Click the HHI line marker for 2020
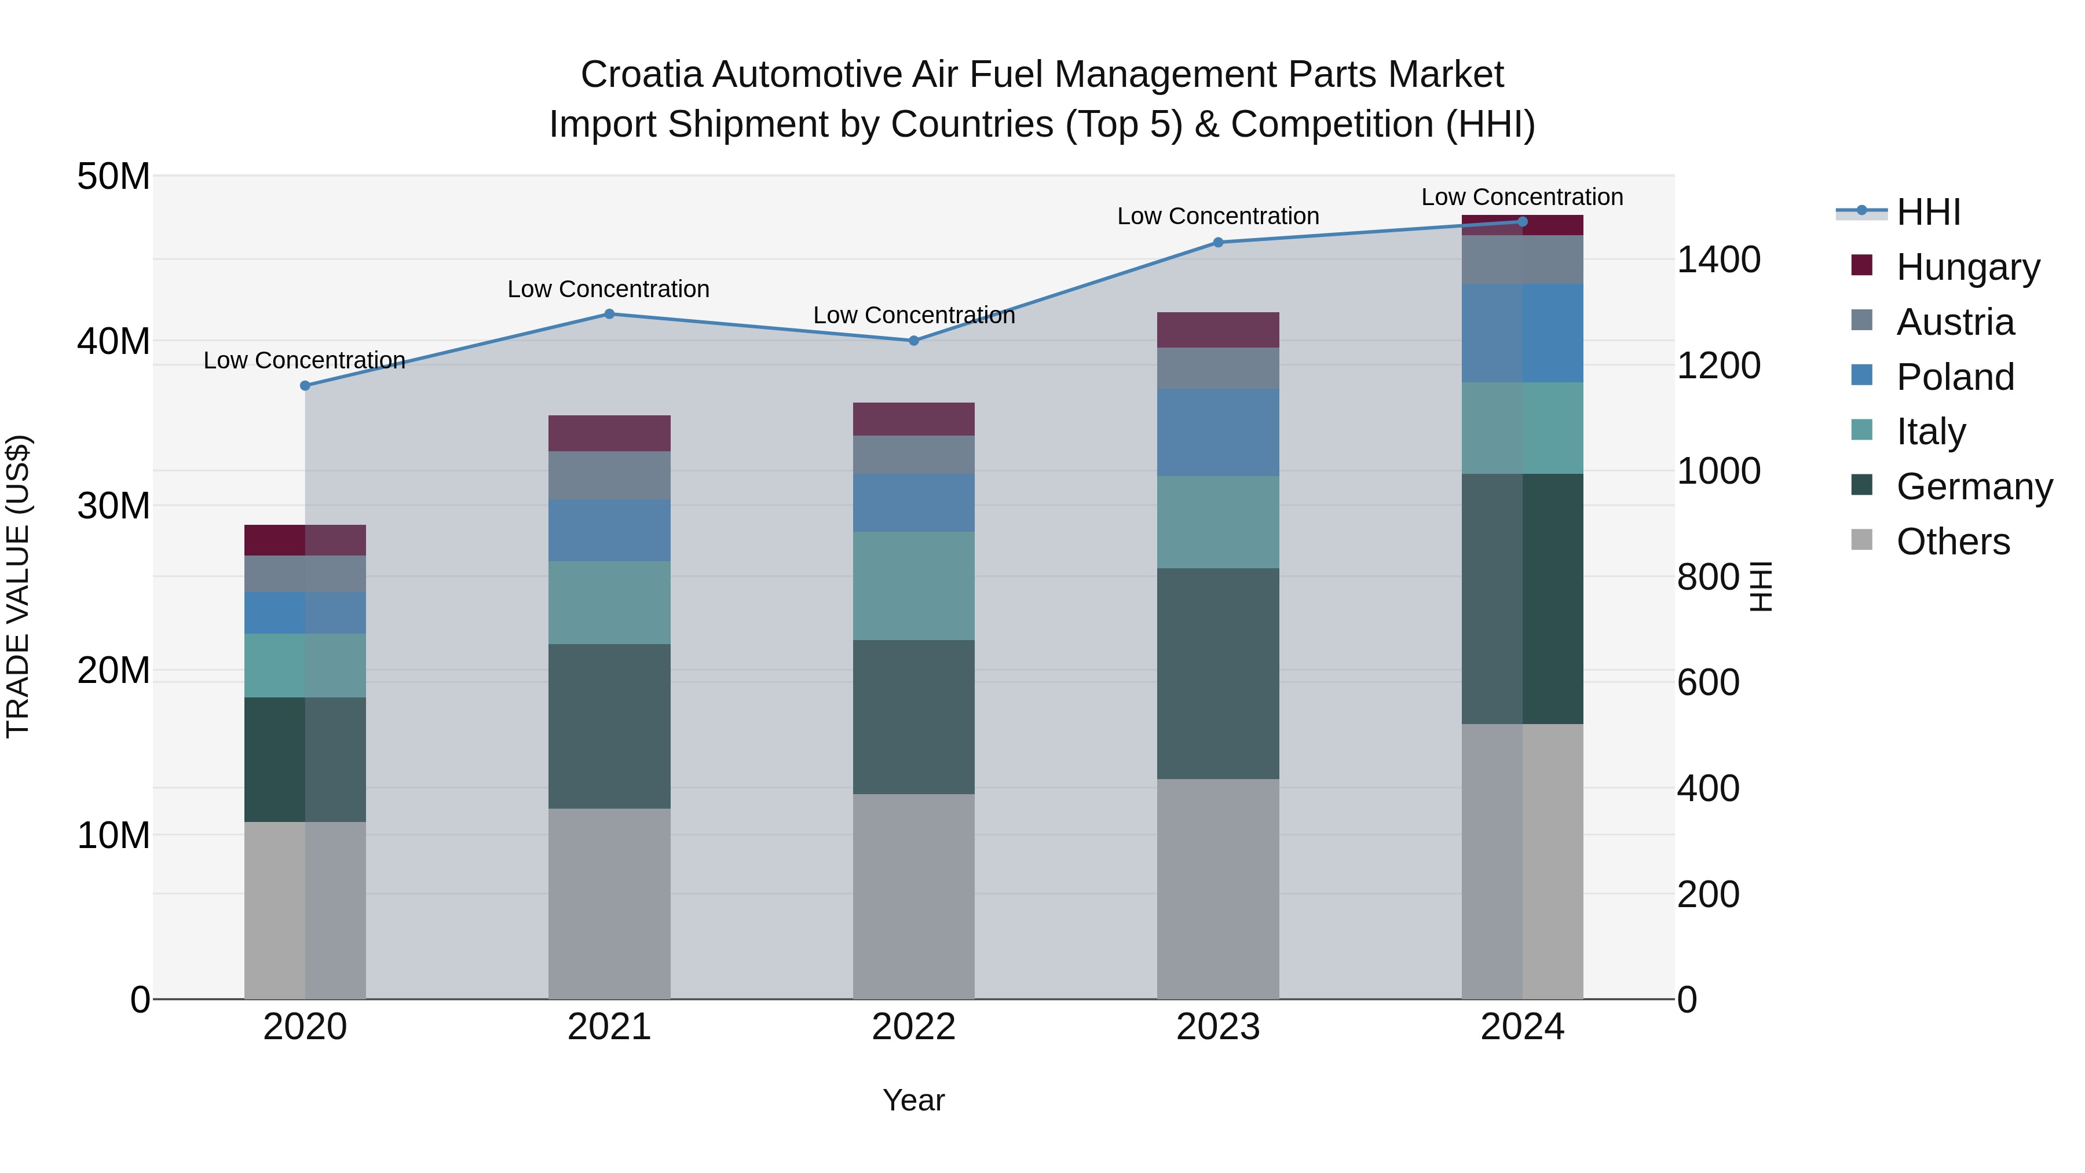tap(305, 386)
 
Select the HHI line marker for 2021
tap(609, 314)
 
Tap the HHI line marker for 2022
tap(914, 341)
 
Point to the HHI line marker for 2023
tap(1218, 242)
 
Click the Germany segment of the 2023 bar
tap(1218, 674)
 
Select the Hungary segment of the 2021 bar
tap(609, 433)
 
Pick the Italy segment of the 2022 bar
tap(914, 586)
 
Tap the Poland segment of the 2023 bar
tap(1218, 432)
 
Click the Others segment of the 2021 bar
tap(609, 904)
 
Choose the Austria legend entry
tap(1955, 322)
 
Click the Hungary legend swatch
tap(1861, 265)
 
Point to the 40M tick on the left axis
tap(114, 341)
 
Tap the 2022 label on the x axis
tap(914, 1027)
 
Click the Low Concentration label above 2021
tap(609, 289)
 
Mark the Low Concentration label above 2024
tap(1521, 197)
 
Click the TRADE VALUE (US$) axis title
tap(18, 586)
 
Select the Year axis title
tap(914, 1100)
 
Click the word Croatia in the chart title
tap(641, 75)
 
